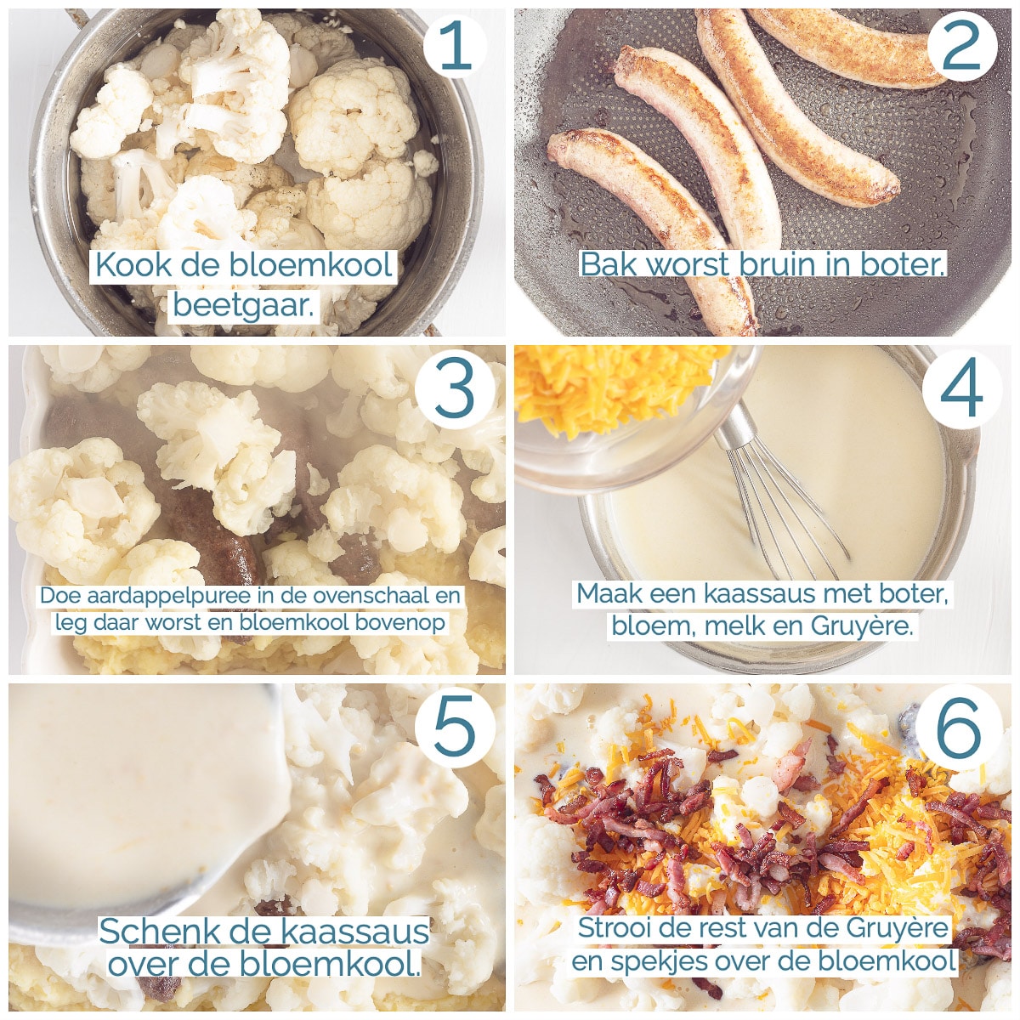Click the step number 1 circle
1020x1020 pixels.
(x=455, y=46)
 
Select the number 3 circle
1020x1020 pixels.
(x=455, y=388)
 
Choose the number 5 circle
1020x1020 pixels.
(x=455, y=725)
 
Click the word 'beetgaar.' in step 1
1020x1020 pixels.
(x=244, y=306)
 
